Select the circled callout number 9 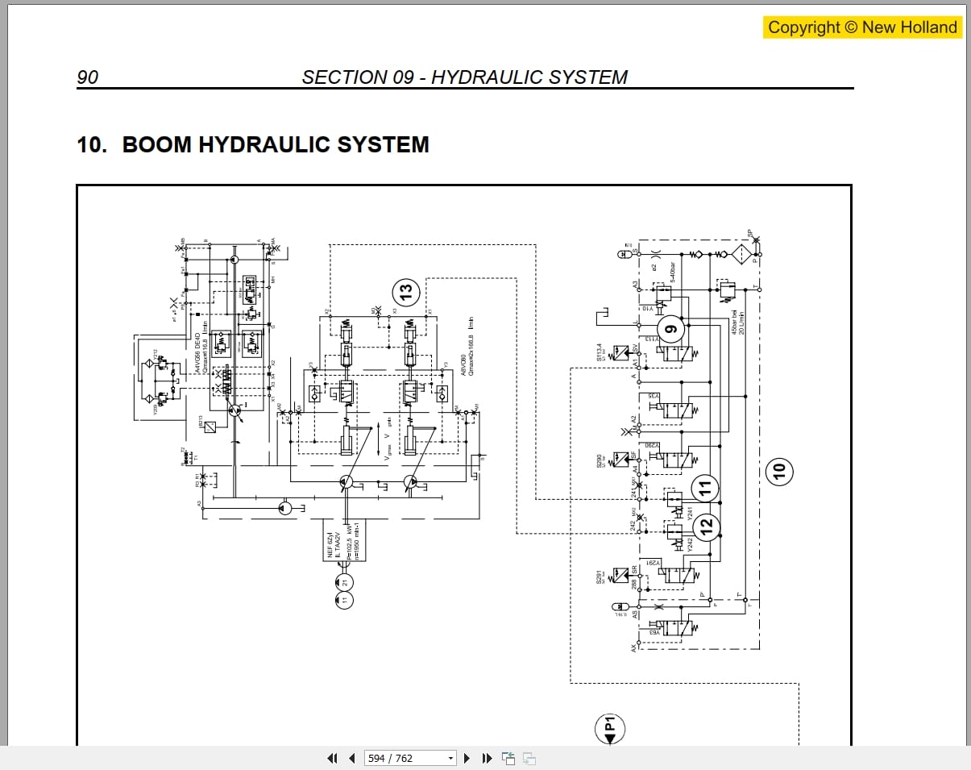pyautogui.click(x=670, y=328)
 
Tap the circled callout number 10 pyautogui.click(x=778, y=470)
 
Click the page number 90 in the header pyautogui.click(x=87, y=77)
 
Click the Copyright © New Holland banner pyautogui.click(x=862, y=27)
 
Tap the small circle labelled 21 pyautogui.click(x=344, y=581)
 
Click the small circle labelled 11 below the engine pyautogui.click(x=344, y=601)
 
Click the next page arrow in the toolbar pyautogui.click(x=467, y=758)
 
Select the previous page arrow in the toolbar pyautogui.click(x=351, y=758)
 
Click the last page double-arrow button pyautogui.click(x=486, y=758)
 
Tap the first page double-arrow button pyautogui.click(x=331, y=758)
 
